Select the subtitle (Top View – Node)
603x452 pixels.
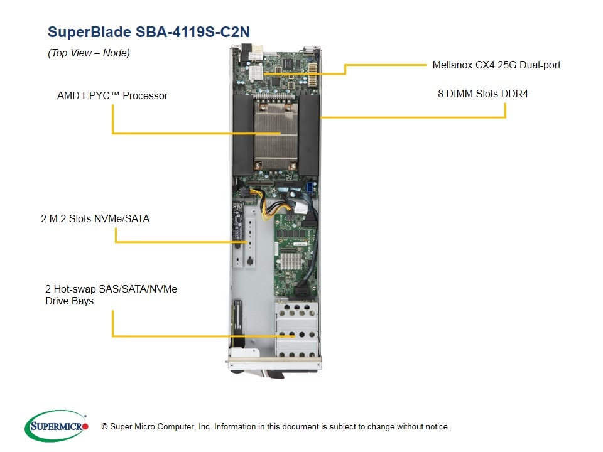(x=89, y=53)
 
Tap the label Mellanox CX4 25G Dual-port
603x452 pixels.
(x=496, y=65)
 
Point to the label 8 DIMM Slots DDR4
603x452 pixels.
(x=482, y=94)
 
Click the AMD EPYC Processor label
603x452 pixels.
(x=112, y=96)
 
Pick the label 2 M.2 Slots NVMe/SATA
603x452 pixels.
(x=95, y=219)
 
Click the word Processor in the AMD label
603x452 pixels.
(x=145, y=96)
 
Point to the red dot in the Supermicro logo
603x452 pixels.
(x=85, y=426)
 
